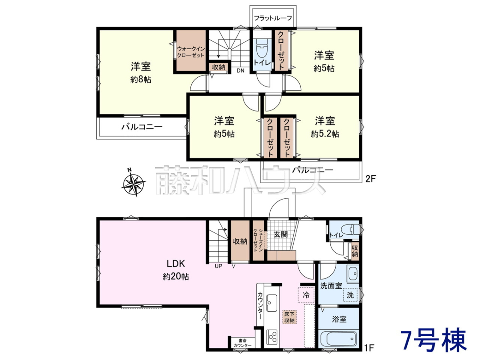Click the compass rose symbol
tap(133, 182)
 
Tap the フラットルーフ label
tap(273, 18)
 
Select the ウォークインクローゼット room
tap(191, 50)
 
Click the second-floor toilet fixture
tap(262, 49)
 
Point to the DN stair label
tap(240, 71)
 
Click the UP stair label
tap(218, 266)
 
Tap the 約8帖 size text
tap(141, 80)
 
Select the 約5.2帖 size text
tap(325, 134)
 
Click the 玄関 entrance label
tap(280, 234)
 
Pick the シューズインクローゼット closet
tap(258, 240)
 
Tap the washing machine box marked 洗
tap(350, 295)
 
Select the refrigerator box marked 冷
tap(306, 295)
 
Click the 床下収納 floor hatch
tap(290, 317)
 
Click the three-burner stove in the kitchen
tap(272, 337)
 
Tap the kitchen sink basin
tap(272, 303)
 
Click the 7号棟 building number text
tap(433, 341)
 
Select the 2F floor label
tap(370, 179)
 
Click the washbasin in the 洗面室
tap(353, 274)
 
